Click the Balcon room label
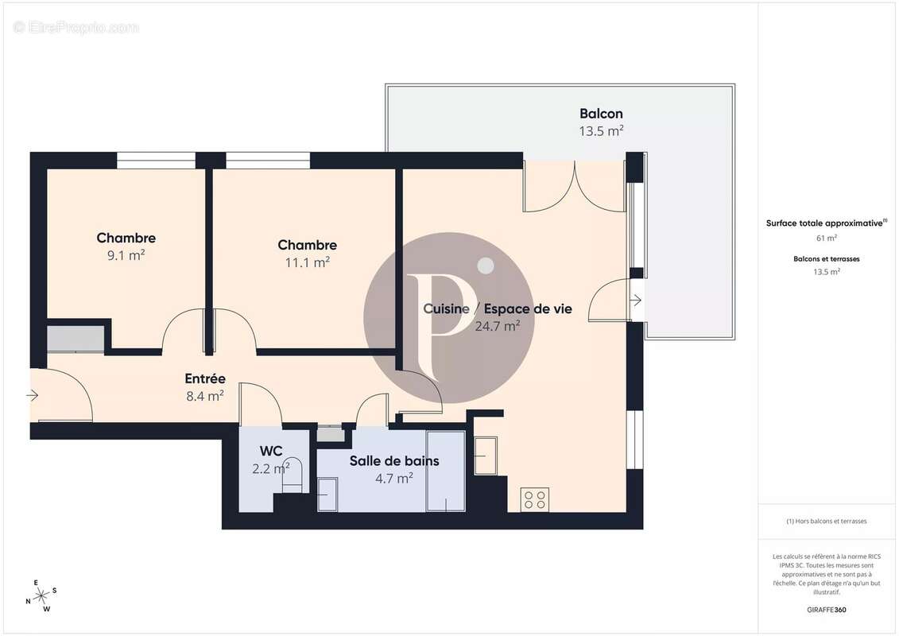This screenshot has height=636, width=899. [x=601, y=114]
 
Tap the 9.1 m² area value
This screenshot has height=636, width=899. [x=126, y=255]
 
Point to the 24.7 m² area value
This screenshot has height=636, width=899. [x=497, y=325]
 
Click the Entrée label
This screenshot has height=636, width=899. [x=205, y=378]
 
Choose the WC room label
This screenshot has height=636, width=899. [x=271, y=452]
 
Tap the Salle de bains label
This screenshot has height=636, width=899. [x=394, y=460]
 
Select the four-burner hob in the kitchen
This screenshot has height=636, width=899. [x=534, y=499]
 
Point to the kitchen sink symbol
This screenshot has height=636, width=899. [x=486, y=456]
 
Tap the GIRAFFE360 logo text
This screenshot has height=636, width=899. [x=826, y=610]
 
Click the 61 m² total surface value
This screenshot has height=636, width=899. [x=826, y=238]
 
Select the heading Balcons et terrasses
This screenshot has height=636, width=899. [x=826, y=258]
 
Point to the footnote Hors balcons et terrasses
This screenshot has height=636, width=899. [x=826, y=522]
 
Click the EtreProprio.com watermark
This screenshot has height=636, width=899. [x=76, y=28]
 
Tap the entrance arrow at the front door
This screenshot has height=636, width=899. [x=33, y=394]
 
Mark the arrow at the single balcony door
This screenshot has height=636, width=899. [x=636, y=300]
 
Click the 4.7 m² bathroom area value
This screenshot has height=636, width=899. [x=393, y=478]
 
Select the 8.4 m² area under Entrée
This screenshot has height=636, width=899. [x=204, y=396]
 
